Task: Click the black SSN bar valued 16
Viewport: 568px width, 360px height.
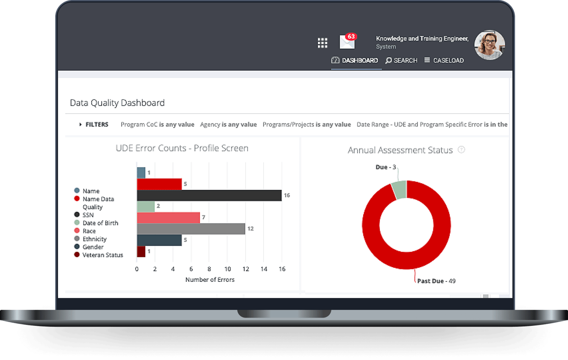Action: (x=209, y=195)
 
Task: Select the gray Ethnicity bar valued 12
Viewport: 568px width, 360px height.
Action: (x=191, y=229)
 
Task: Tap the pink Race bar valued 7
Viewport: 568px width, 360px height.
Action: (x=168, y=218)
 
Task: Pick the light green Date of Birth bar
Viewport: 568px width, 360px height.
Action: (x=146, y=206)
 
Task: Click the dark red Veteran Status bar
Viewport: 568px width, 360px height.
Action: (x=141, y=251)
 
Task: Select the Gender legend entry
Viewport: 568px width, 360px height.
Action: (x=93, y=247)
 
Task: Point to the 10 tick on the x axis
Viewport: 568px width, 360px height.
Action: (x=227, y=269)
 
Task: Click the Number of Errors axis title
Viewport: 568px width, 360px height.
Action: (x=210, y=280)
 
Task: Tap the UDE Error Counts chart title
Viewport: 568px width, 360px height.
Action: (x=182, y=148)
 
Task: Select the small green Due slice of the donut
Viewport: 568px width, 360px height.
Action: (x=399, y=190)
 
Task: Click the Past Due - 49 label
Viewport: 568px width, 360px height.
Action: (x=436, y=281)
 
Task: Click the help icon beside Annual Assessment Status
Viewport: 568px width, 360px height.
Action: (x=461, y=150)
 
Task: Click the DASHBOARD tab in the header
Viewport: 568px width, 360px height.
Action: (x=355, y=61)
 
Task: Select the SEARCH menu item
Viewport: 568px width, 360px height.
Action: (x=401, y=61)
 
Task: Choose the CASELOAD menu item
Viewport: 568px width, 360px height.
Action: (x=444, y=61)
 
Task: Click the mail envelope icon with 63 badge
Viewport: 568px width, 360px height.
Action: (x=347, y=42)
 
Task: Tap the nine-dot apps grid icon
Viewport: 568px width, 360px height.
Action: (x=322, y=43)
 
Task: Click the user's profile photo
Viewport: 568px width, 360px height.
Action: (x=489, y=45)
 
